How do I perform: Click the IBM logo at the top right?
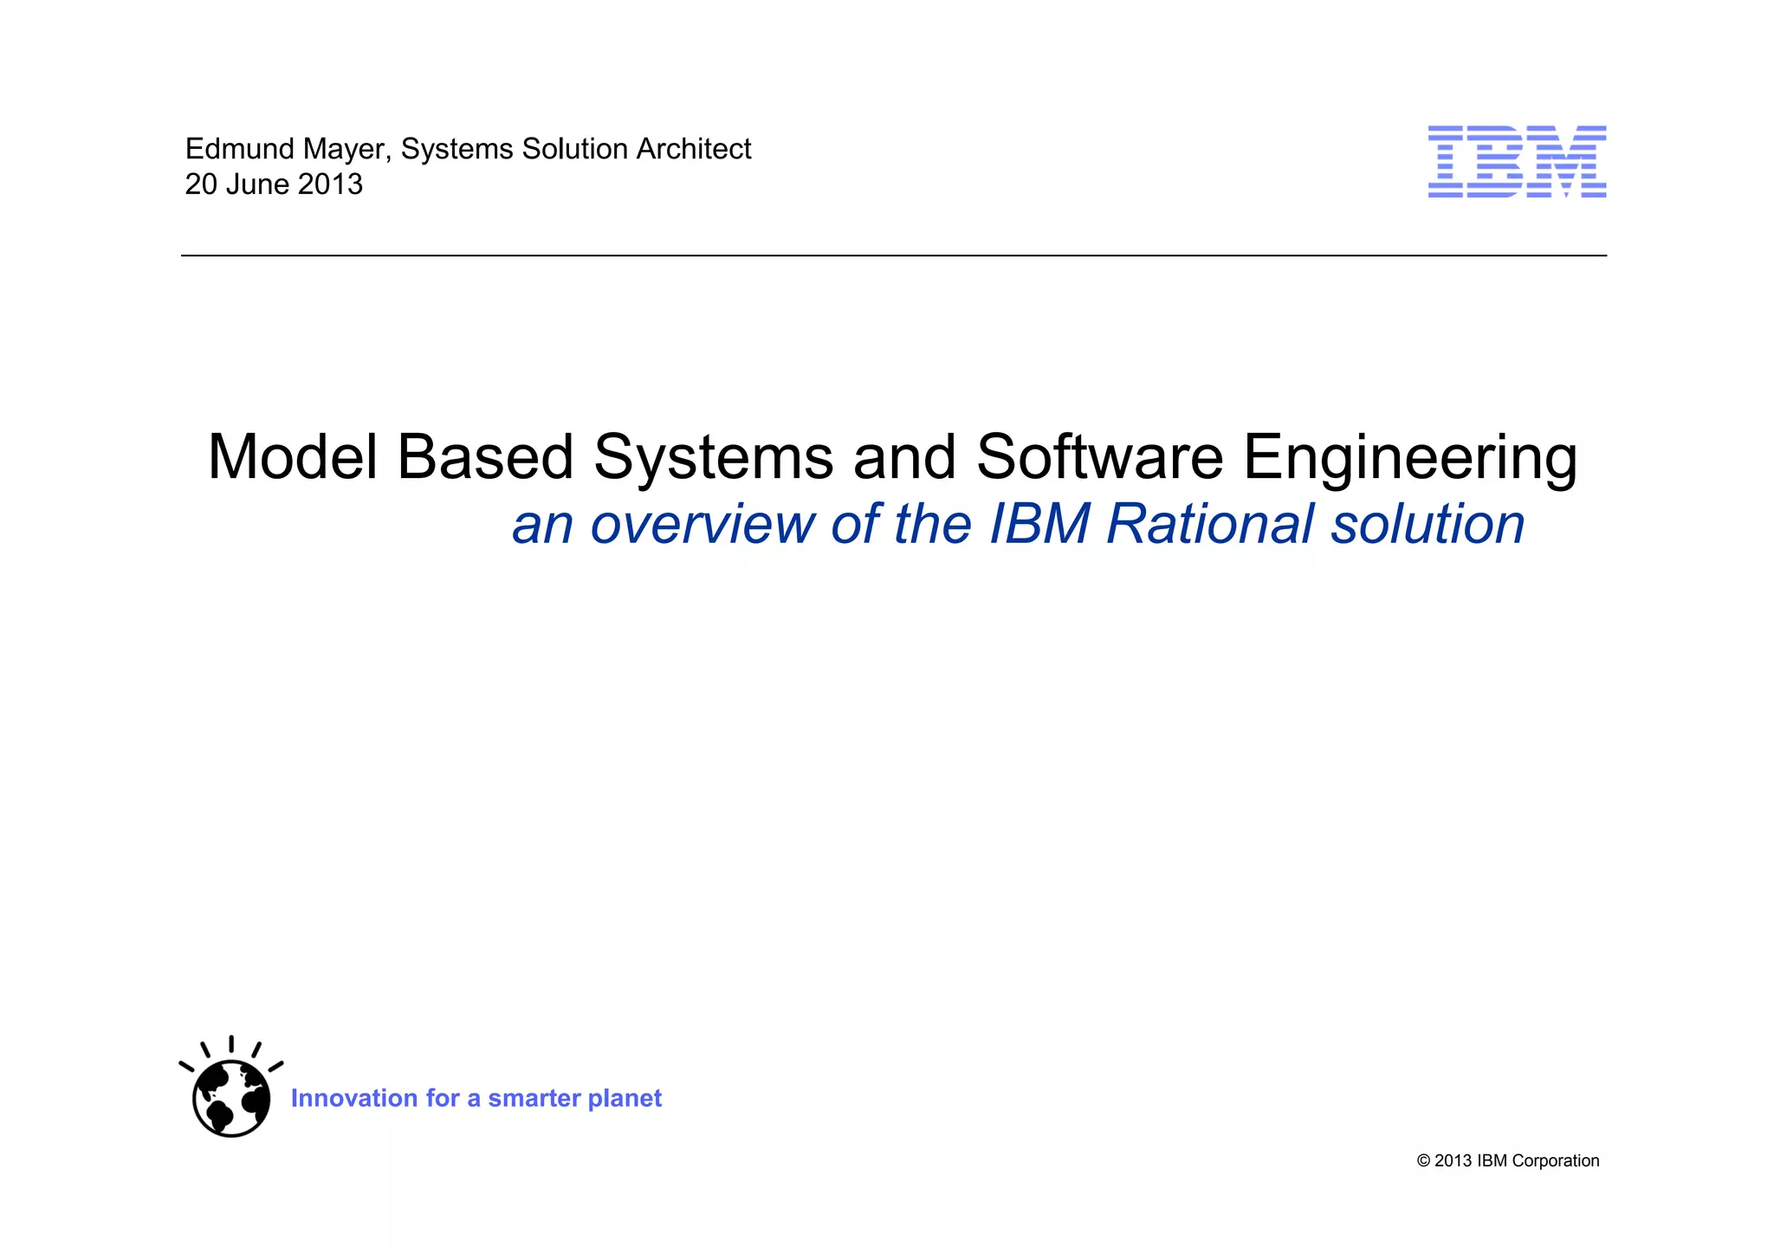coord(1517,162)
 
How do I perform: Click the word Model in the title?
coord(293,457)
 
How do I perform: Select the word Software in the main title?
coord(1099,457)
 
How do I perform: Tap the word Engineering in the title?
coord(1410,459)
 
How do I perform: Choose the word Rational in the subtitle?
coord(1210,525)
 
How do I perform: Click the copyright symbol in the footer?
coord(1423,1161)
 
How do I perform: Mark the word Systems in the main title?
coord(713,459)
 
